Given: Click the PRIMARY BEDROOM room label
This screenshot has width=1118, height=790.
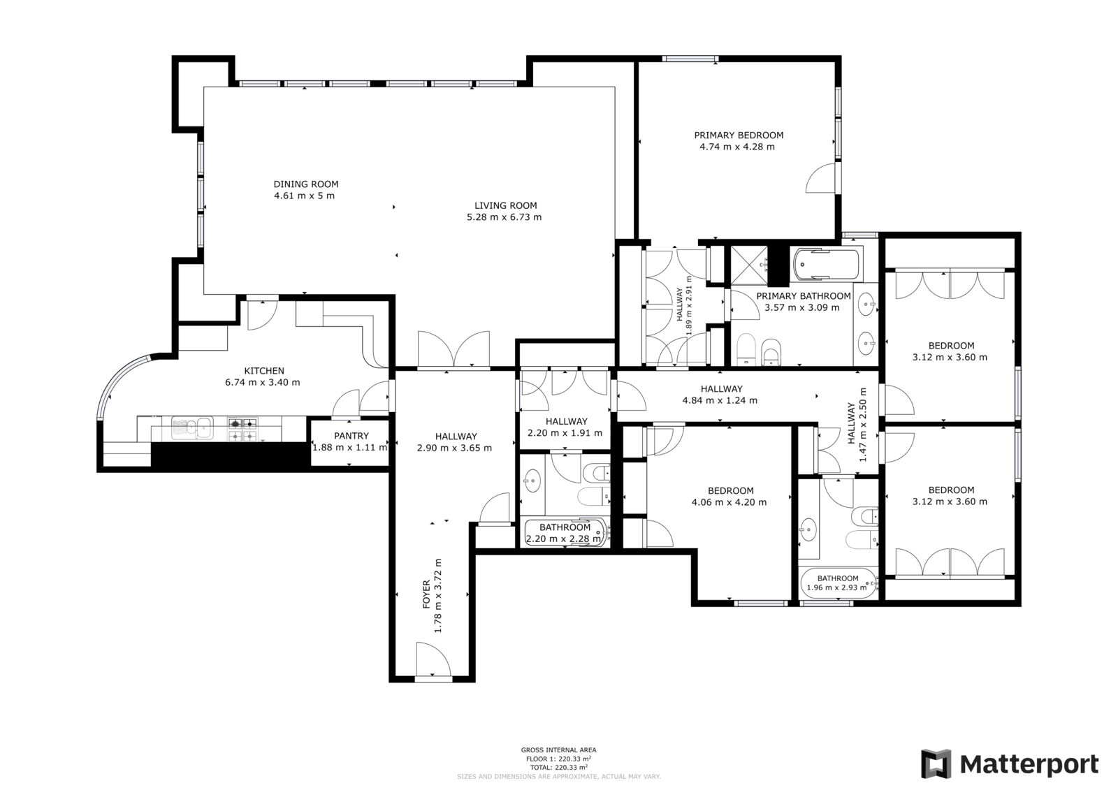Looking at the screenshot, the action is click(x=739, y=136).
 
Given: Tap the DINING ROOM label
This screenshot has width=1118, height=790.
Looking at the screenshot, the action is click(x=306, y=184).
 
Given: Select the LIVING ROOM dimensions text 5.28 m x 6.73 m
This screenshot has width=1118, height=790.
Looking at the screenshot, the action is click(x=504, y=217).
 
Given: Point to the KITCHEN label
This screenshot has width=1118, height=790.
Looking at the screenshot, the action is click(x=264, y=371).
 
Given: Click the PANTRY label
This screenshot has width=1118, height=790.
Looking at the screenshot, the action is click(x=351, y=436).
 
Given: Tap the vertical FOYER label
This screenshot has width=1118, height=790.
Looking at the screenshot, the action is click(x=426, y=594).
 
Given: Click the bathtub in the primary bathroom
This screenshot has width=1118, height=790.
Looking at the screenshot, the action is click(x=826, y=264).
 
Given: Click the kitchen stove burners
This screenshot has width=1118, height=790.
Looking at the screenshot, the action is click(x=243, y=430).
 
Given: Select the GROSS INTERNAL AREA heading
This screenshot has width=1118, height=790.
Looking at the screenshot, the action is click(x=558, y=749).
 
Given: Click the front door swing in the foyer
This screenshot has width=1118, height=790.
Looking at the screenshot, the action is click(x=433, y=660).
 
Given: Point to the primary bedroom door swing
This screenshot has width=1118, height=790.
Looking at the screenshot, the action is click(x=820, y=177).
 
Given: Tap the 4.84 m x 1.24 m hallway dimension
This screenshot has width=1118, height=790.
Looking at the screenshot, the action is click(x=720, y=400).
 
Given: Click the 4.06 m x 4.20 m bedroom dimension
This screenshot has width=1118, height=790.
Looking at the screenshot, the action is click(x=729, y=502).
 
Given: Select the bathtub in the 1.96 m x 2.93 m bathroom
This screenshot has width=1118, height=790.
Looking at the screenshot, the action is click(x=838, y=583).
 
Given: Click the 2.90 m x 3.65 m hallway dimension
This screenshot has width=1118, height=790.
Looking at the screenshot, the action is click(x=454, y=448).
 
